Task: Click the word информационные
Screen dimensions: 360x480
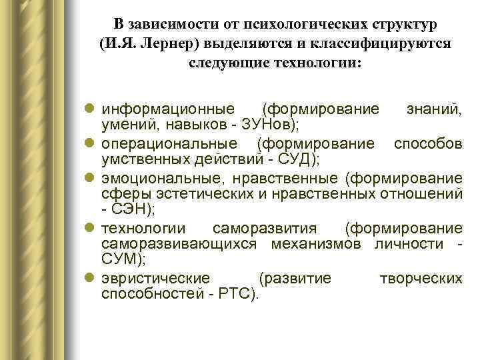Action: pos(167,109)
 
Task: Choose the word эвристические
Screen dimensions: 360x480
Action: pos(155,278)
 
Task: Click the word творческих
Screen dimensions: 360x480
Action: pos(421,278)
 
